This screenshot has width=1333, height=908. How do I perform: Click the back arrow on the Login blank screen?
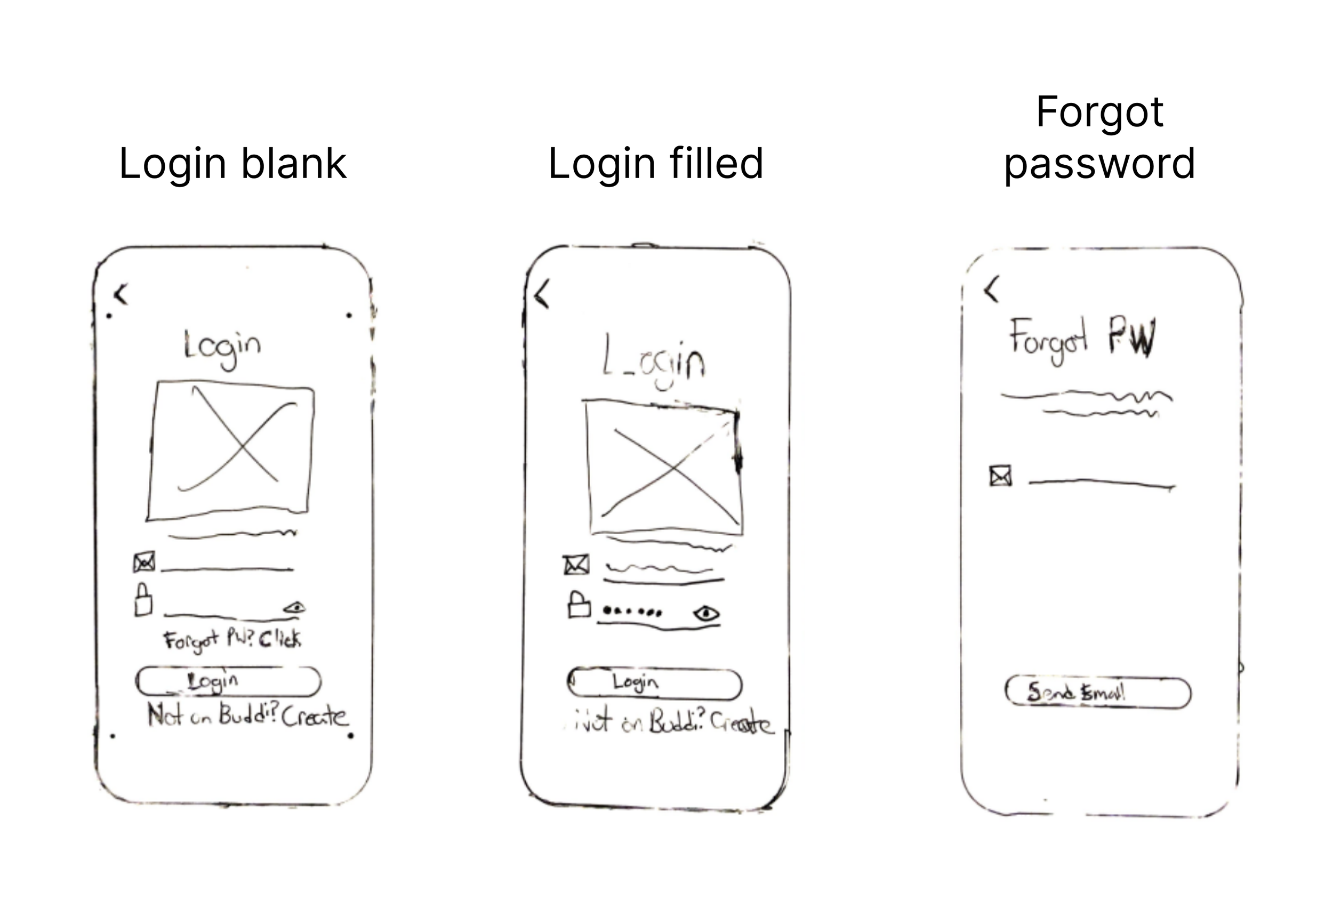(121, 294)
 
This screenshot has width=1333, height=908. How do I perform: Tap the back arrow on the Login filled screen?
(542, 294)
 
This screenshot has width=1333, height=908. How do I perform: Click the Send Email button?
(1097, 692)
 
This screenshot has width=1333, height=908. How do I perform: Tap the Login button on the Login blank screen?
(228, 681)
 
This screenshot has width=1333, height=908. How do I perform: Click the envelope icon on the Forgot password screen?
(1001, 476)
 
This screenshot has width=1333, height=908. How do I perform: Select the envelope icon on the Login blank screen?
(144, 562)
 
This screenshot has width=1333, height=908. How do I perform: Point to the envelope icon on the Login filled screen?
(576, 565)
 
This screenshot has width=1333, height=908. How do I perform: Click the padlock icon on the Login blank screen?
(143, 600)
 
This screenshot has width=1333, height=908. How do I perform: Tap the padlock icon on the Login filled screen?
(579, 605)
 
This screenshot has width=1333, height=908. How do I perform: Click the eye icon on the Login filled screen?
(706, 614)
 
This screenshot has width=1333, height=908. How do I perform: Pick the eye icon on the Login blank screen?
(295, 607)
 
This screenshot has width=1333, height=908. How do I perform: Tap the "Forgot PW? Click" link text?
(232, 640)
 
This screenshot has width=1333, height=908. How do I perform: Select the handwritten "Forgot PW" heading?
(1082, 340)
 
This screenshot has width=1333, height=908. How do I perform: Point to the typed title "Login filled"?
(656, 164)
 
